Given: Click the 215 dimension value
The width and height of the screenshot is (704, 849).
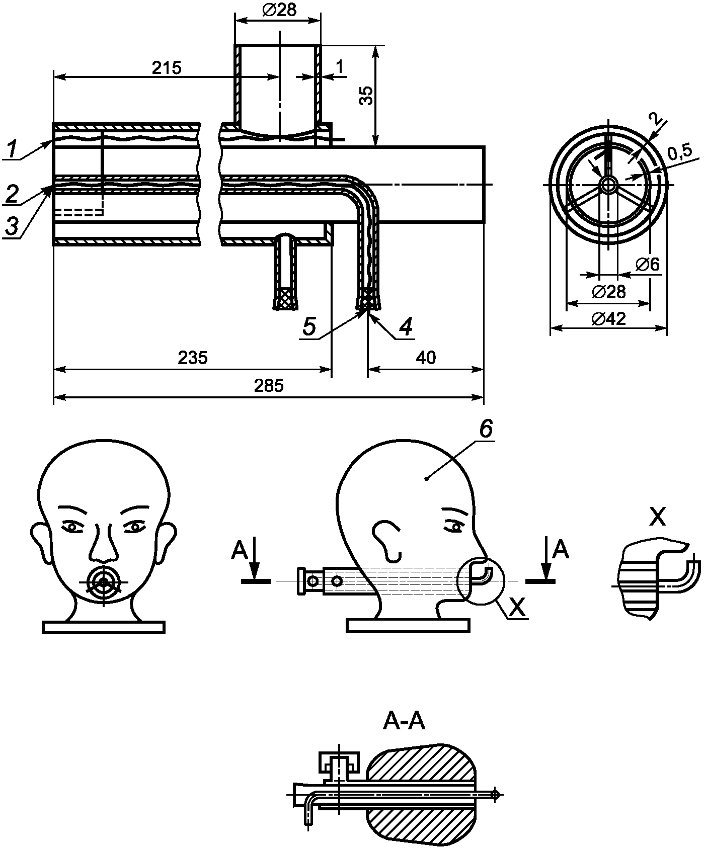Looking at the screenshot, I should click(x=167, y=67).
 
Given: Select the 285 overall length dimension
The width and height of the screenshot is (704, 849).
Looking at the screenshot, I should click(x=268, y=386).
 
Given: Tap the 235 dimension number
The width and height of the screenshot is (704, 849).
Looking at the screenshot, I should click(x=193, y=358).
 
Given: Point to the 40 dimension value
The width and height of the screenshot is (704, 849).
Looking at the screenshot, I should click(x=426, y=358).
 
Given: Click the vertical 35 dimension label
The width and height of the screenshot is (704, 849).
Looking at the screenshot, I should click(x=368, y=96).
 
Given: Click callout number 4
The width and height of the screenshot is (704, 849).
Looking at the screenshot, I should click(x=406, y=327).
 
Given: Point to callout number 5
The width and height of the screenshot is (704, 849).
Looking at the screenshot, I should click(x=309, y=327).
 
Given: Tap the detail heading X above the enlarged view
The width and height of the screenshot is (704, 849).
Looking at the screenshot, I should click(x=657, y=517).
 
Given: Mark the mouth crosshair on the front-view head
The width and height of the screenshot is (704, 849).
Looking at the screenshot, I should click(x=104, y=582).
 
